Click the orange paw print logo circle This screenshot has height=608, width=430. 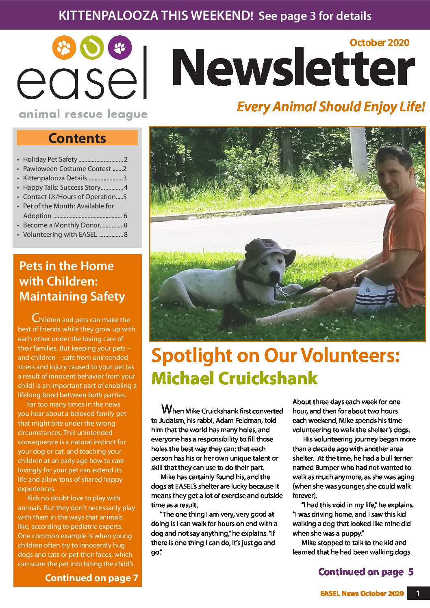[64, 48]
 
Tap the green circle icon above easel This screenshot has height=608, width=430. [92, 48]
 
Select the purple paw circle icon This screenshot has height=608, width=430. [120, 48]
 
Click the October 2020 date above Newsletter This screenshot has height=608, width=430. [379, 43]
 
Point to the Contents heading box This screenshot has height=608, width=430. [77, 138]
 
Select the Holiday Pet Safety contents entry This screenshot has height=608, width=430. [75, 159]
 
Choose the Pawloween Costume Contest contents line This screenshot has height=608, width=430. [75, 169]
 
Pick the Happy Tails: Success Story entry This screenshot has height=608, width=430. [75, 187]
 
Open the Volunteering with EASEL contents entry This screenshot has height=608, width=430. [75, 234]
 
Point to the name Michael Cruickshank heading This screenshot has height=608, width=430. [234, 378]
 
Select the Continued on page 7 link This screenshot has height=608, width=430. [91, 578]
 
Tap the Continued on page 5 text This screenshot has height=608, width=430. [365, 572]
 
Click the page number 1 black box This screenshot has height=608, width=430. [418, 593]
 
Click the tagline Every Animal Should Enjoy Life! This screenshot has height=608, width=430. [331, 107]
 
